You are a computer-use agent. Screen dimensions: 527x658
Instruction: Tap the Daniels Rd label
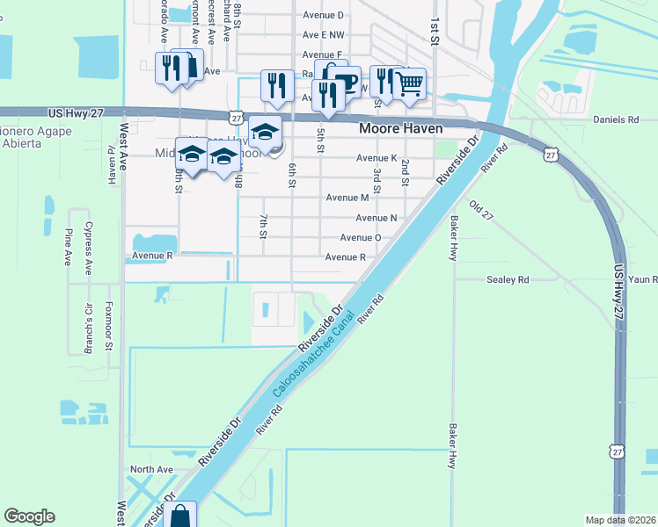pyautogui.click(x=616, y=119)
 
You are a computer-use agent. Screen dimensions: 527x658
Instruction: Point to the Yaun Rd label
pyautogui.click(x=642, y=279)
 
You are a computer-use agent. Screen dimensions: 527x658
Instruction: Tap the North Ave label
pyautogui.click(x=151, y=470)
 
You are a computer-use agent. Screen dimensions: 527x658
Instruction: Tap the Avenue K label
pyautogui.click(x=377, y=158)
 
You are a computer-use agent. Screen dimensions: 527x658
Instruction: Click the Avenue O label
pyautogui.click(x=360, y=237)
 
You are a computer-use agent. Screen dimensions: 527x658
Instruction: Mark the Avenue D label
pyautogui.click(x=323, y=15)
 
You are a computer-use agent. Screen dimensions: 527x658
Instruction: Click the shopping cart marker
pyautogui.click(x=410, y=84)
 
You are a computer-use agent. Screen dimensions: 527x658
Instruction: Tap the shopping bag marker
pyautogui.click(x=180, y=516)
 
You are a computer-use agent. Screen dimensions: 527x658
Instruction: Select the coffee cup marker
pyautogui.click(x=346, y=81)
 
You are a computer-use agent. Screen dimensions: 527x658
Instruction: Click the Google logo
pyautogui.click(x=29, y=516)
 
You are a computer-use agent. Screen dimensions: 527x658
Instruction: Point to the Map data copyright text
pyautogui.click(x=619, y=520)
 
